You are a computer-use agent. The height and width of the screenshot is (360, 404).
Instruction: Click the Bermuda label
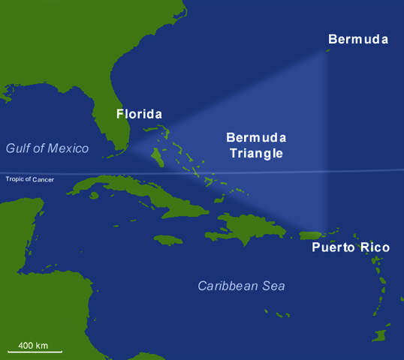[x=358, y=38]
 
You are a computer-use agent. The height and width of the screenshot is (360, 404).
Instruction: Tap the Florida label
[x=139, y=115]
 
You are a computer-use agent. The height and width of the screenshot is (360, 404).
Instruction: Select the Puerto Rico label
[x=351, y=247]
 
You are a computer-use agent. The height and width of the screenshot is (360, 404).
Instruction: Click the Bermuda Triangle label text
[x=256, y=145]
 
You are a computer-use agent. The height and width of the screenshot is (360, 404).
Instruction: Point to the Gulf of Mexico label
[x=47, y=148]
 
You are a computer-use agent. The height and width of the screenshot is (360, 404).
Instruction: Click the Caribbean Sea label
[x=241, y=286]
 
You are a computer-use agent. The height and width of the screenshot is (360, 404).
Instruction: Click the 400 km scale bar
[x=35, y=350]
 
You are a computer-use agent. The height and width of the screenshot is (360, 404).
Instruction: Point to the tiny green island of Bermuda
[x=328, y=51]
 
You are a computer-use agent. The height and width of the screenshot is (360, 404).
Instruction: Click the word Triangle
[x=256, y=153]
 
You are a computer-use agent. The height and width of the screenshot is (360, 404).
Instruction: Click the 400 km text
[x=33, y=344]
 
